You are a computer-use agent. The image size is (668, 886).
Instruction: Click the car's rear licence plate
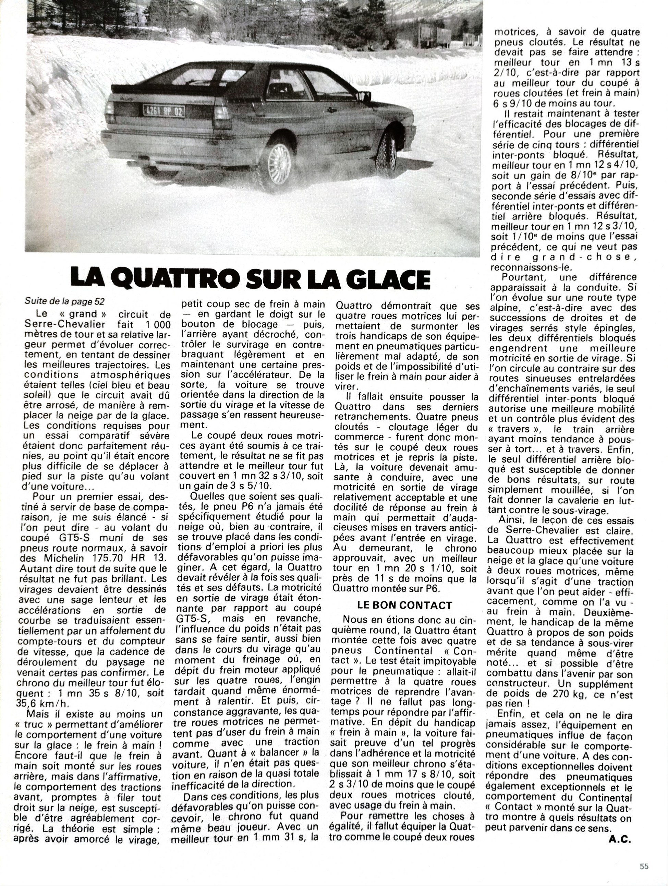[x=164, y=111]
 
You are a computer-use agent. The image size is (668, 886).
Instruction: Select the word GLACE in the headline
[x=389, y=279]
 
